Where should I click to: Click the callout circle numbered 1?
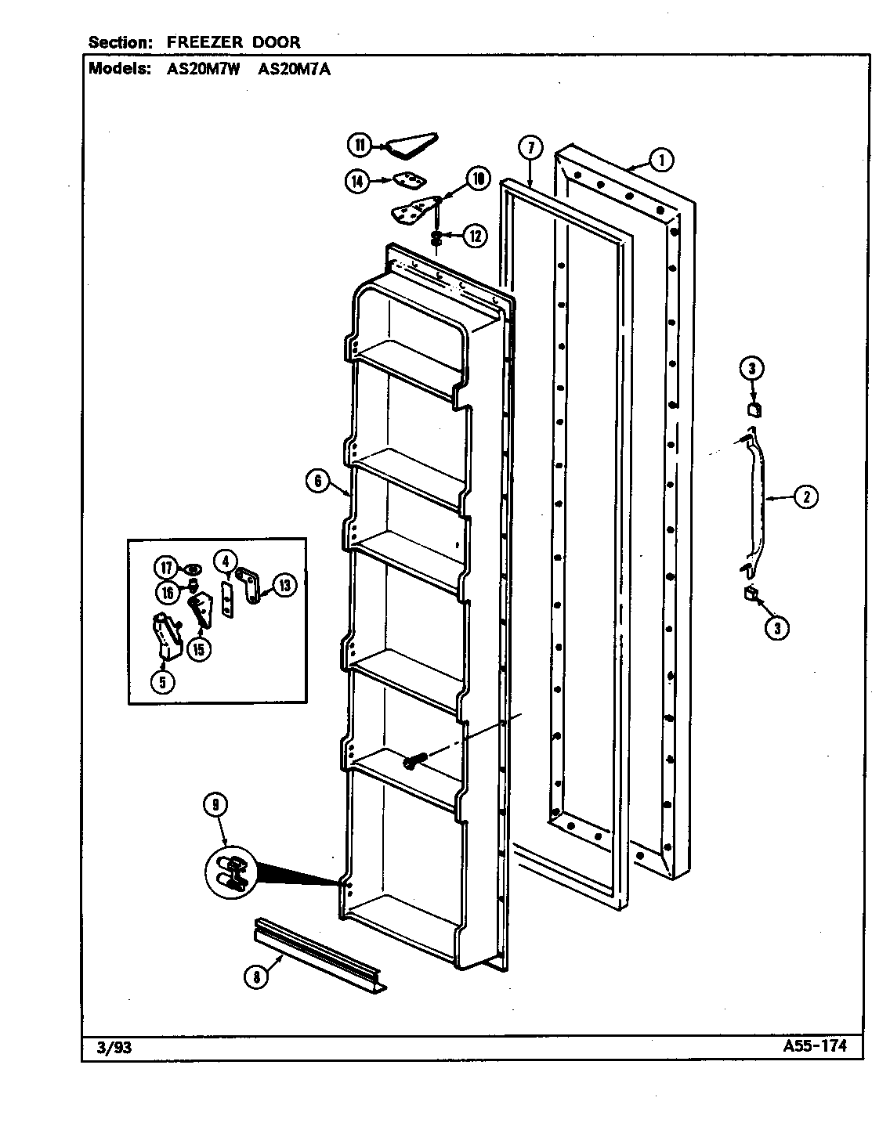pyautogui.click(x=661, y=161)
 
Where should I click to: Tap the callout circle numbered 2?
pyautogui.click(x=806, y=496)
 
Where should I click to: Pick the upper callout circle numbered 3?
pyautogui.click(x=751, y=369)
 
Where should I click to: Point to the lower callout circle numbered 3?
pyautogui.click(x=776, y=627)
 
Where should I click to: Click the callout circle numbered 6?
pyautogui.click(x=318, y=482)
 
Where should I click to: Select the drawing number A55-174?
pyautogui.click(x=813, y=1046)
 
